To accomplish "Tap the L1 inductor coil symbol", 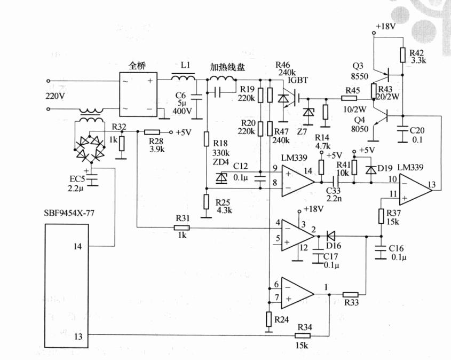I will pos(183,79).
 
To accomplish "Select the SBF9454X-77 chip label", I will pos(73,214).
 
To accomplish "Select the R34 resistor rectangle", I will pos(302,335).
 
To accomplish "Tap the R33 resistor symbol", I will pos(350,294).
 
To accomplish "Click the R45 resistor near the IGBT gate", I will pos(350,98).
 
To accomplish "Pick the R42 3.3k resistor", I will pos(403,54).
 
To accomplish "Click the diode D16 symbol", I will pos(330,236).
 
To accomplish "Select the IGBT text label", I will pos(298,80).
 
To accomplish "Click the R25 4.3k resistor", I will pos(207,202).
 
